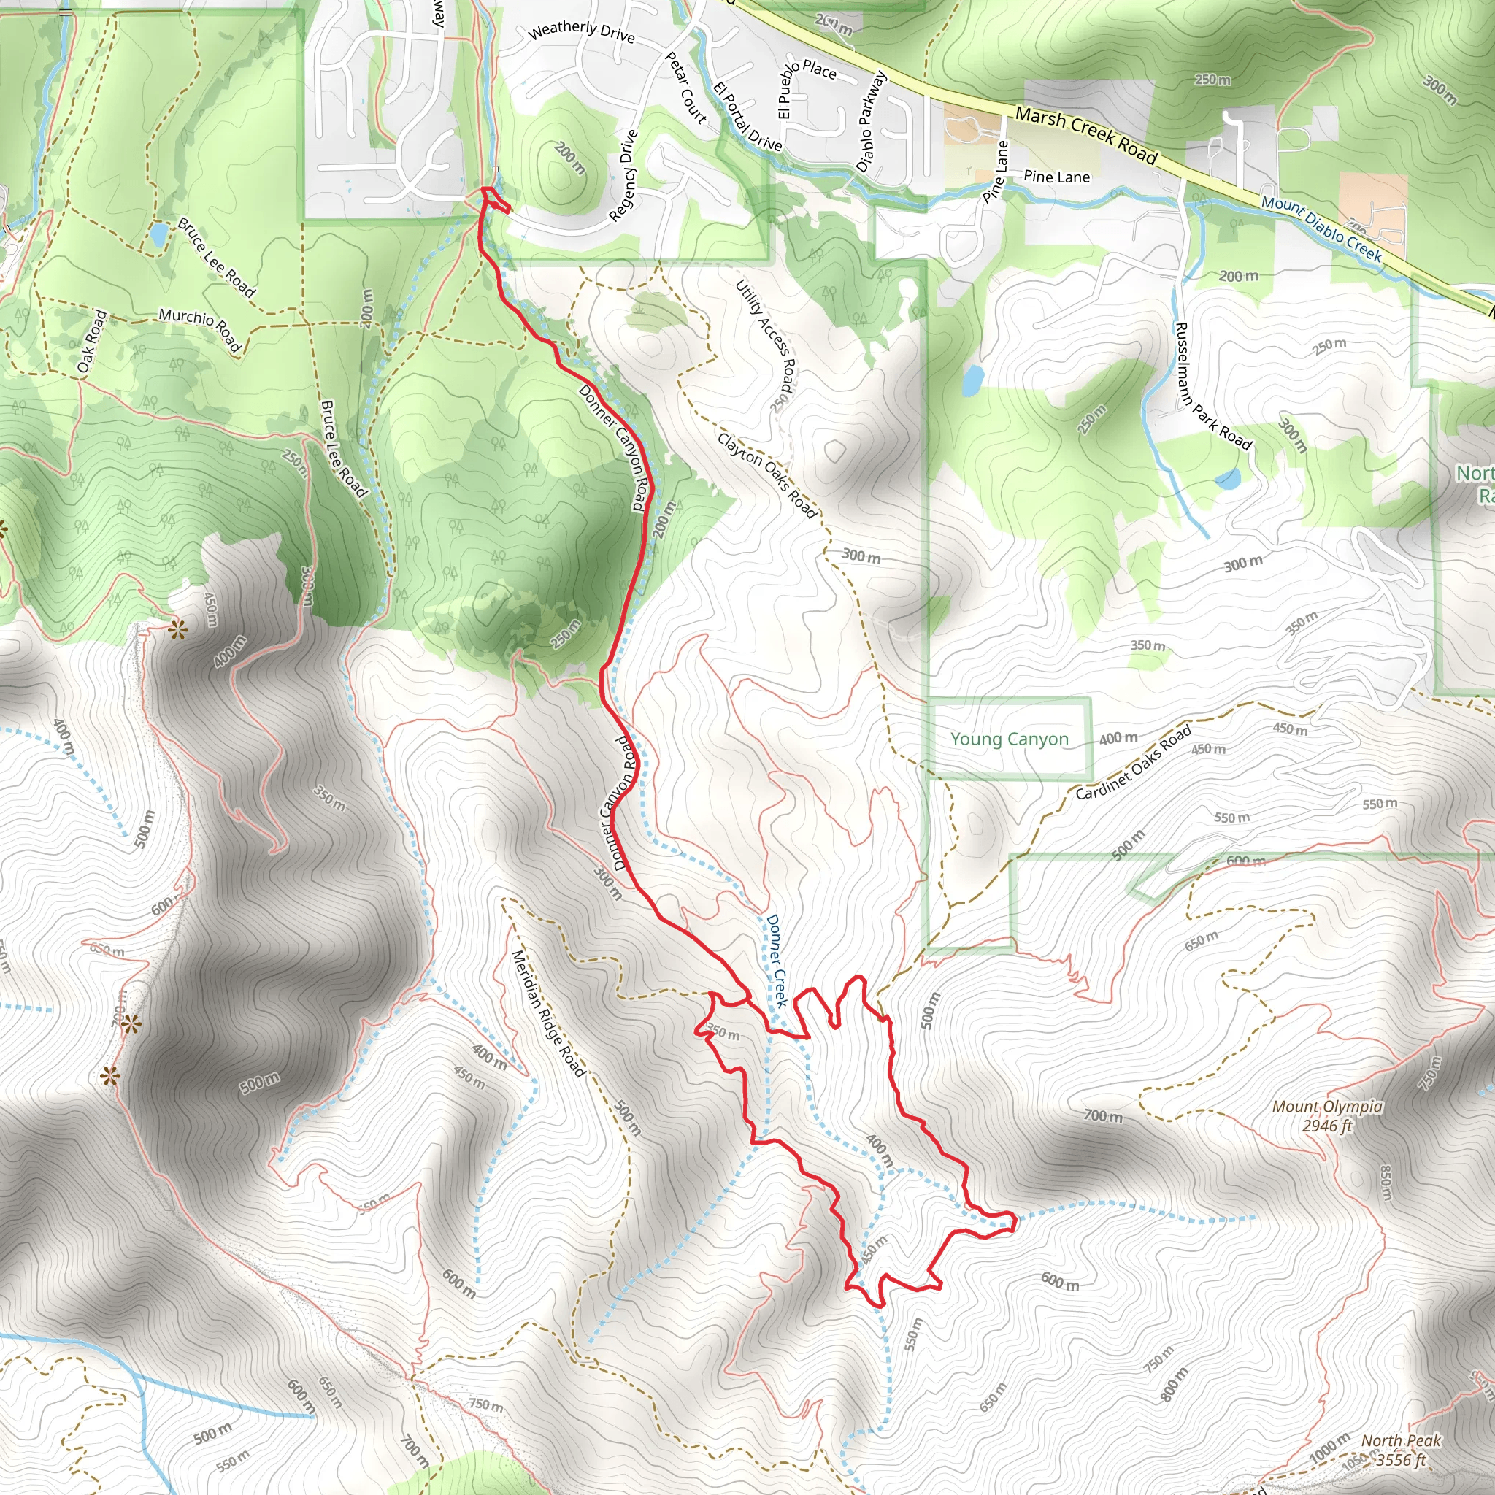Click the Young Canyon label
tap(1009, 739)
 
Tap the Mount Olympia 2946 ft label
tap(1327, 1116)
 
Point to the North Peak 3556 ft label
tap(1401, 1450)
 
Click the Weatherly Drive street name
tap(581, 31)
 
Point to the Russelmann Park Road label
tap(1212, 386)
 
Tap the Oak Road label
tap(91, 341)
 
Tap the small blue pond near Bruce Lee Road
tap(158, 234)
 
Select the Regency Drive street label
tap(623, 176)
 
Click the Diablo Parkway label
tap(871, 121)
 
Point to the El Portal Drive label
tap(747, 116)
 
